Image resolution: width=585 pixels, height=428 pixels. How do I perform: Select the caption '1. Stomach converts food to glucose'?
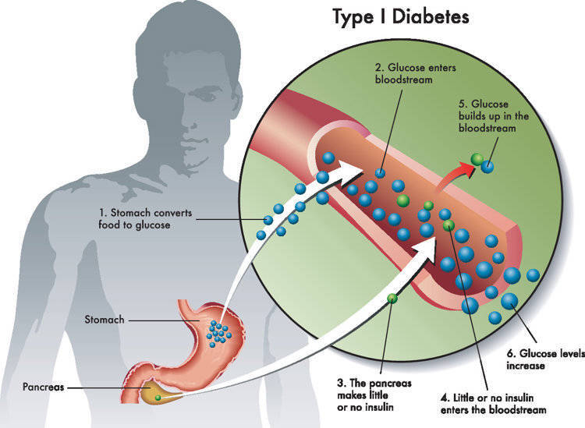tap(135, 218)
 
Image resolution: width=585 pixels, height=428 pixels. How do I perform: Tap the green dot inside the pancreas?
tap(158, 397)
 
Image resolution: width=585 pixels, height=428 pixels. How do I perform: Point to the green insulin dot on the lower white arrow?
tap(393, 297)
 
